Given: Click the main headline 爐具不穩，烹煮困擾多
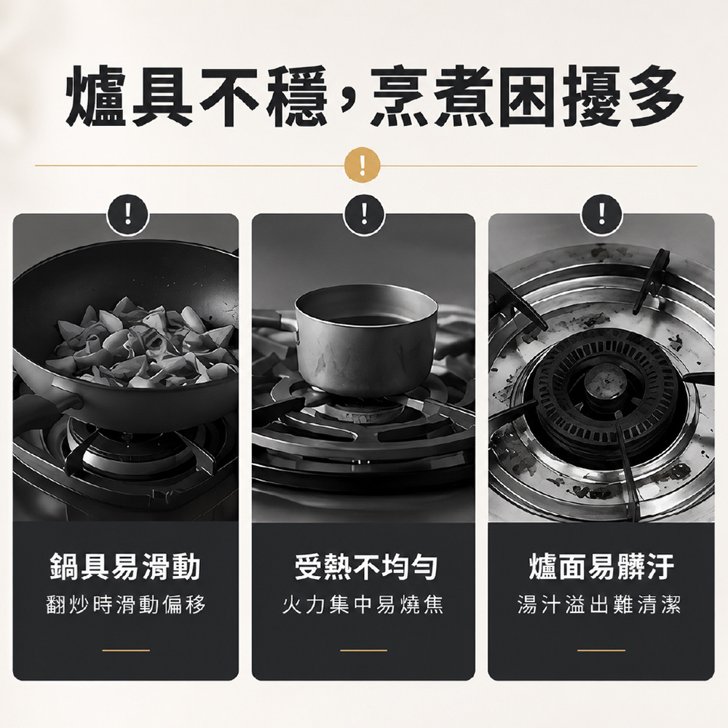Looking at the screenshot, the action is (x=374, y=97).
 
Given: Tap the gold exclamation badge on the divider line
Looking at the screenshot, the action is (x=362, y=165).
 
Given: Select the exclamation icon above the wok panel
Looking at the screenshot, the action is (x=127, y=215).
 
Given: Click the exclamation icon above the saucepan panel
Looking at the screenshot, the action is (x=364, y=215).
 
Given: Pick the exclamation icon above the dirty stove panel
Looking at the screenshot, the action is (x=602, y=215).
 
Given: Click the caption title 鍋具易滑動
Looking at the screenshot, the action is (x=125, y=566).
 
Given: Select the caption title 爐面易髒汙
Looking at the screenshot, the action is (x=601, y=566).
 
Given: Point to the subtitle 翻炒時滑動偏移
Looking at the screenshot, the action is (x=126, y=604).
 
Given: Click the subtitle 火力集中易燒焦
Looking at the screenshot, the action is (x=363, y=604).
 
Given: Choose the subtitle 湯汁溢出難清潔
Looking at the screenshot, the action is (x=599, y=604).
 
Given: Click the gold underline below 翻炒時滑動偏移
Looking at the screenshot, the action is (x=126, y=650).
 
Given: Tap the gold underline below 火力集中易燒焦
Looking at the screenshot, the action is (x=363, y=650).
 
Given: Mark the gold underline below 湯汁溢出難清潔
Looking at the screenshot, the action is (x=601, y=650).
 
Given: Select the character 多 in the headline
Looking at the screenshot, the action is (x=653, y=97).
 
